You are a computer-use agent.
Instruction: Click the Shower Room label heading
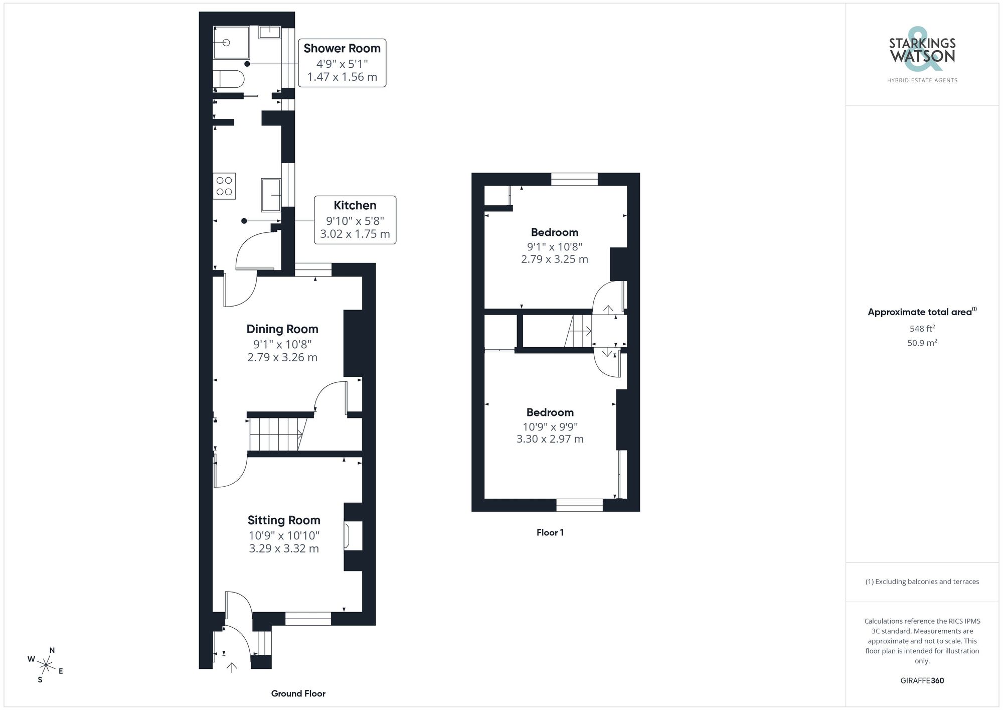(x=342, y=49)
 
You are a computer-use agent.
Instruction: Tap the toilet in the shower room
(x=229, y=79)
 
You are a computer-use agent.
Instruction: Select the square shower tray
(x=231, y=43)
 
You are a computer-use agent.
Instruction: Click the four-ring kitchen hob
(x=224, y=186)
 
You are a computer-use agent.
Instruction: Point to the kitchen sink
(x=271, y=195)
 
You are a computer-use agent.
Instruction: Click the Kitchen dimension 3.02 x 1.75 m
(x=355, y=234)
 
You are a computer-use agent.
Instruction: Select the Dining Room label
(x=282, y=329)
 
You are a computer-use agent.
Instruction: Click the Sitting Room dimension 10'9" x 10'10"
(x=284, y=535)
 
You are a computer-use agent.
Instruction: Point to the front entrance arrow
(x=232, y=667)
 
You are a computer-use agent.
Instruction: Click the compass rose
(x=46, y=665)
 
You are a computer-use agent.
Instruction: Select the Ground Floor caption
(x=298, y=693)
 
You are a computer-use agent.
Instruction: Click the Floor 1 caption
(x=550, y=532)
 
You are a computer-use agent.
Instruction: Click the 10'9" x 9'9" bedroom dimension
(x=550, y=427)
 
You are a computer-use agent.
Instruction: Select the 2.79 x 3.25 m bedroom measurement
(x=555, y=259)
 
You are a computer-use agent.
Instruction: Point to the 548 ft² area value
(x=922, y=329)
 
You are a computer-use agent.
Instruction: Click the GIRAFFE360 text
(x=922, y=680)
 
